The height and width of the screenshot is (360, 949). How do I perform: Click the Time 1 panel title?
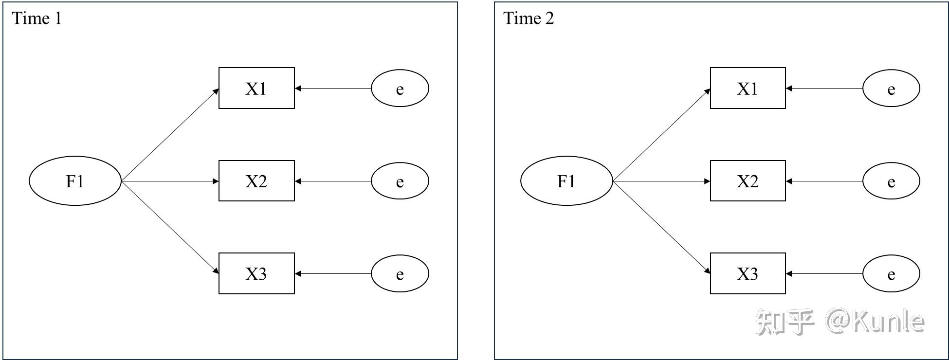[x=36, y=18]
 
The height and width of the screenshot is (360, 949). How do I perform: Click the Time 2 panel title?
[x=528, y=18]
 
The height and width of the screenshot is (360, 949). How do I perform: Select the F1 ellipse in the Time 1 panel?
[x=75, y=181]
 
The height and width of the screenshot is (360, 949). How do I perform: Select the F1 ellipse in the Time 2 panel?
[x=566, y=181]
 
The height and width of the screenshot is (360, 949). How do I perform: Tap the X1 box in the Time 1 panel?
[x=256, y=88]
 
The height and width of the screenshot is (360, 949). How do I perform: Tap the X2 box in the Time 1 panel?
[x=256, y=181]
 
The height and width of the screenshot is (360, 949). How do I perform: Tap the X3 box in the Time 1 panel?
[x=256, y=273]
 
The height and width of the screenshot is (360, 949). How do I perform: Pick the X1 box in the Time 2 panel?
[x=748, y=88]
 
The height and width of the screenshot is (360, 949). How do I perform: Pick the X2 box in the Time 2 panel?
[x=748, y=181]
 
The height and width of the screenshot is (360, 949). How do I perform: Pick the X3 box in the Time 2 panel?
[x=748, y=273]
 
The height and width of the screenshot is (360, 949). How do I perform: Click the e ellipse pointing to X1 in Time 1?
[x=400, y=89]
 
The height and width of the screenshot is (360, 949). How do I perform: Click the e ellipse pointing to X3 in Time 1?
[x=400, y=273]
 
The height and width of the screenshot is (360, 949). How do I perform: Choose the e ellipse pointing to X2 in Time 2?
[x=891, y=181]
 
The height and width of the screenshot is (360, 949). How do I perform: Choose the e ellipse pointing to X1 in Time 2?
[x=891, y=89]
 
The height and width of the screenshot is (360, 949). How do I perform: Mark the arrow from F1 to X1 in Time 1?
[x=170, y=135]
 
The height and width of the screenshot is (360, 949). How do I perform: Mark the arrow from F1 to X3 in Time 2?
[x=661, y=227]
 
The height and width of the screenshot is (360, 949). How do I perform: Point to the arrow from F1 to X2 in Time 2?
[x=661, y=181]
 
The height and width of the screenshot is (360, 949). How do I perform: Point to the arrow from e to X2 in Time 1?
[x=333, y=181]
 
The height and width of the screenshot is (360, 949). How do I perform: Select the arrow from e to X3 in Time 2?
[x=824, y=273]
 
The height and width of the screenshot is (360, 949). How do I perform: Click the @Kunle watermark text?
[x=875, y=322]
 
